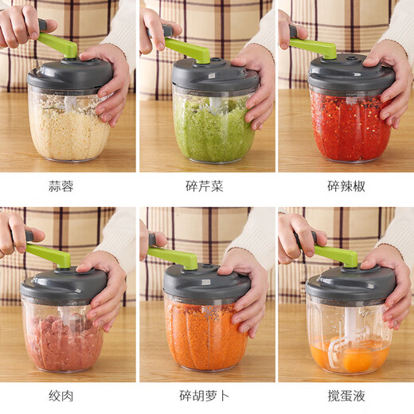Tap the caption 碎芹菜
pyautogui.click(x=207, y=187)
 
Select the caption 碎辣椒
pyautogui.click(x=346, y=187)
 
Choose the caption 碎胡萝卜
pyautogui.click(x=207, y=396)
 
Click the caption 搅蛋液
pyautogui.click(x=346, y=396)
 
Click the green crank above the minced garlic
pyautogui.click(x=59, y=45)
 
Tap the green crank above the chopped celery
pyautogui.click(x=189, y=50)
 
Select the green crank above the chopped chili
pyautogui.click(x=314, y=48)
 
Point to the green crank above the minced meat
pyautogui.click(x=49, y=256)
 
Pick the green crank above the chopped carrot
pyautogui.click(x=175, y=258)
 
